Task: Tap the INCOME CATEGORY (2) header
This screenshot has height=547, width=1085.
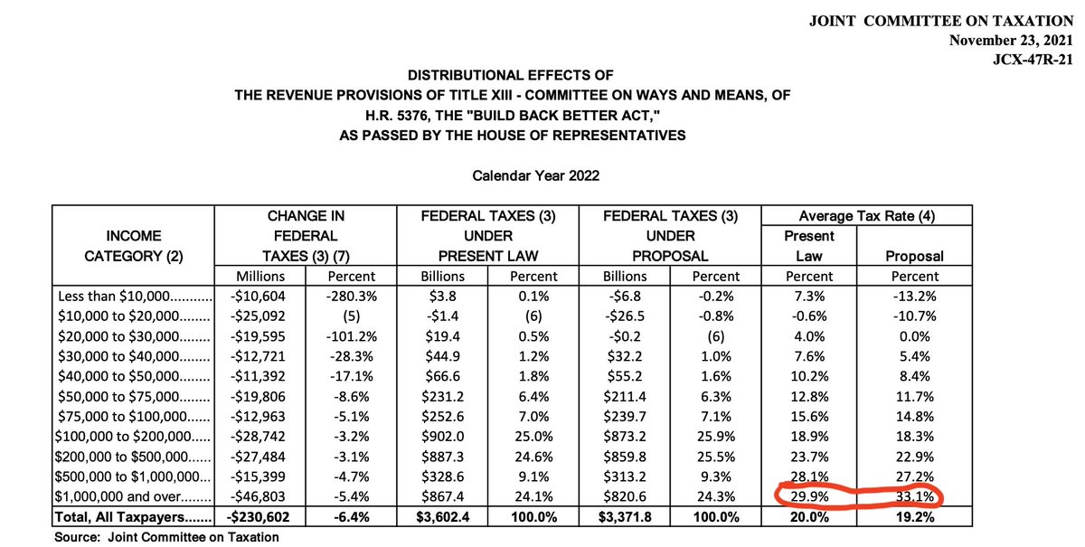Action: pyautogui.click(x=133, y=246)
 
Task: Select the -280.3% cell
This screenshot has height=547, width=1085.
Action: pyautogui.click(x=351, y=297)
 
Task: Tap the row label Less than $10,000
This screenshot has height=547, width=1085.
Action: pyautogui.click(x=133, y=297)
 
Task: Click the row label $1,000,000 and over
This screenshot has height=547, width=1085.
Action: pyautogui.click(x=133, y=496)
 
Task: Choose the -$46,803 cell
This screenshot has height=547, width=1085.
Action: pyautogui.click(x=260, y=496)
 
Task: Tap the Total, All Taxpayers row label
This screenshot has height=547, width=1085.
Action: pyautogui.click(x=133, y=516)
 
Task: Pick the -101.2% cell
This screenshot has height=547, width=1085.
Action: pyautogui.click(x=351, y=336)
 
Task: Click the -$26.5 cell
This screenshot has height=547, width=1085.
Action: pyautogui.click(x=622, y=316)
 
